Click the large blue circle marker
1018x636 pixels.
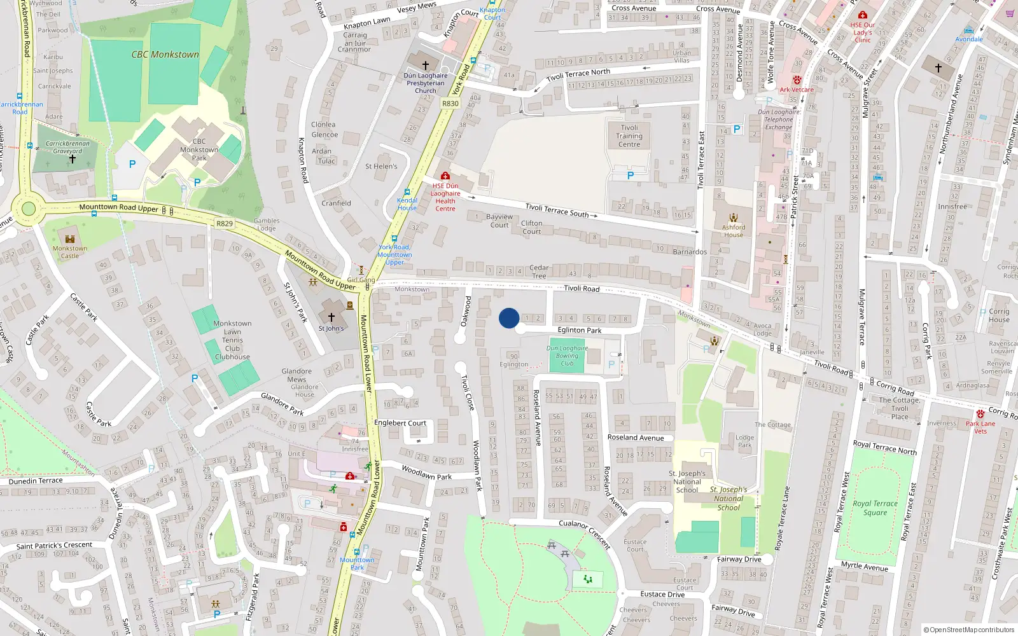pyautogui.click(x=509, y=318)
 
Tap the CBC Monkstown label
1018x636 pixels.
pyautogui.click(x=165, y=55)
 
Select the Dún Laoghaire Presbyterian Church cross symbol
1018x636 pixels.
pyautogui.click(x=426, y=65)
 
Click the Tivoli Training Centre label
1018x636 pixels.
pyautogui.click(x=629, y=136)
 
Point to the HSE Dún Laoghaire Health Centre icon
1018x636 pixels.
pyautogui.click(x=445, y=176)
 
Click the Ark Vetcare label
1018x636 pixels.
pyautogui.click(x=797, y=90)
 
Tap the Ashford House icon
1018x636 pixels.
pyautogui.click(x=734, y=218)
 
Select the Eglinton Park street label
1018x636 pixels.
pyautogui.click(x=580, y=330)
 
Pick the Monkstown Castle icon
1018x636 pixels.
pyautogui.click(x=70, y=239)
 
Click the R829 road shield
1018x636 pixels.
pyautogui.click(x=225, y=223)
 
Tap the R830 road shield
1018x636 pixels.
pyautogui.click(x=450, y=104)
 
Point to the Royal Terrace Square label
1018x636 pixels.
pyautogui.click(x=875, y=508)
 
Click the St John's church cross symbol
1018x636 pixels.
pyautogui.click(x=331, y=317)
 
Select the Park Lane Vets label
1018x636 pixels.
pyautogui.click(x=980, y=427)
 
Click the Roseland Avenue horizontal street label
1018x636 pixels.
pyautogui.click(x=636, y=438)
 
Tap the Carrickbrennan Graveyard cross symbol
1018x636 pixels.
pyautogui.click(x=73, y=159)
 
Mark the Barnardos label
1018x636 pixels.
pyautogui.click(x=690, y=252)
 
